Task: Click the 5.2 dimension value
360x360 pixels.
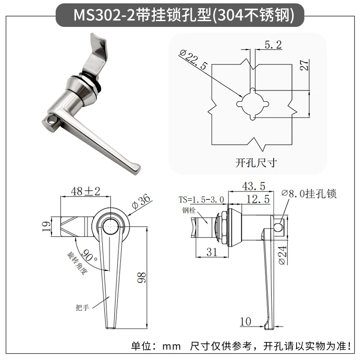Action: pos(273,45)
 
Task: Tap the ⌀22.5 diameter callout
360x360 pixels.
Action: pos(193,59)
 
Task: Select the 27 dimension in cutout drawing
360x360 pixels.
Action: pos(304,65)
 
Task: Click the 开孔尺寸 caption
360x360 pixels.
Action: pos(256,163)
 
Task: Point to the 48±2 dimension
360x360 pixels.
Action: pos(85,191)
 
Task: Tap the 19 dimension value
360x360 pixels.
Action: pos(47,226)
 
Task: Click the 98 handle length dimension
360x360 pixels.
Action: pos(141,277)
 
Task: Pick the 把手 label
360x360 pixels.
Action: pos(82,307)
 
